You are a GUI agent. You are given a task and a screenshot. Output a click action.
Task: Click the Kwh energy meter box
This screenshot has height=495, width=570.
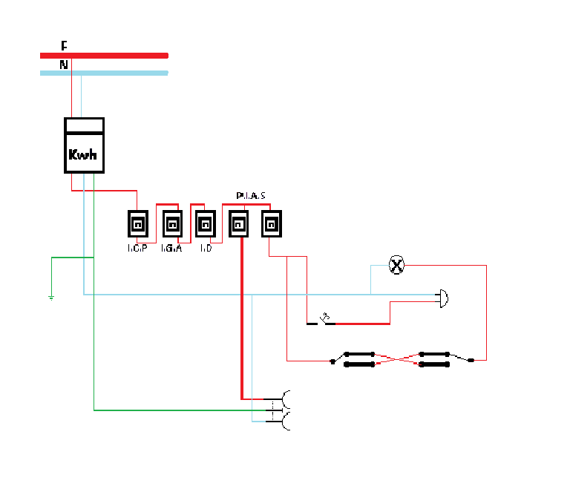point(83,145)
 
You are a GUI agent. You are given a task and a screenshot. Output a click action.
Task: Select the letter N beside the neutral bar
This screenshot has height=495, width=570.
point(64,65)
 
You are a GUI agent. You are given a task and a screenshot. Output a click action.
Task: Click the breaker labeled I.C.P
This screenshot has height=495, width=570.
point(137,223)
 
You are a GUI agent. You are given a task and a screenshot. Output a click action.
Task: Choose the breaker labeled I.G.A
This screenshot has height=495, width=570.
point(171,223)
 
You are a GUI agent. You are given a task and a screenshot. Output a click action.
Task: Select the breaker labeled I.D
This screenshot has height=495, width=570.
point(205,223)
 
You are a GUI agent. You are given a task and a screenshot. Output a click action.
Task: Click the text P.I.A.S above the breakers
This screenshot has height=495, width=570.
point(251,196)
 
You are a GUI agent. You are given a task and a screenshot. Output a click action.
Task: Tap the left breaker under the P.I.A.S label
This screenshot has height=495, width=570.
point(239,223)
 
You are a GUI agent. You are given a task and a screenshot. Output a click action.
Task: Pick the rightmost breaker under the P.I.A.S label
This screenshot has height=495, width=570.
point(272,223)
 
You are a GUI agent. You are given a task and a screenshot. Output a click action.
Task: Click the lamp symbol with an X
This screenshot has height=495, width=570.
point(397,265)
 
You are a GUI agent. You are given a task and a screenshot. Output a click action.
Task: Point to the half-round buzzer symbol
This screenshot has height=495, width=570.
point(443,298)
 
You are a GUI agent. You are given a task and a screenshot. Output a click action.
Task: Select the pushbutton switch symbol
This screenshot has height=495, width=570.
point(325,321)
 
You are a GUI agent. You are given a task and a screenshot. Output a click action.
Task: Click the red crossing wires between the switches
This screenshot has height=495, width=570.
point(397,360)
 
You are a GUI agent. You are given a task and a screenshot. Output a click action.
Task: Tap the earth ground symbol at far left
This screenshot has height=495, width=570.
point(50,298)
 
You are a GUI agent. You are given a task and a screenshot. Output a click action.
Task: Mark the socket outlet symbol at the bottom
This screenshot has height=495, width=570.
point(284,410)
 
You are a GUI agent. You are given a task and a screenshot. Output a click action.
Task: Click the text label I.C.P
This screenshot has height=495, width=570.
point(137,248)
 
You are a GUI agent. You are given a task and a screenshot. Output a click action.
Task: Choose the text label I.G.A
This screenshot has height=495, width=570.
point(171,248)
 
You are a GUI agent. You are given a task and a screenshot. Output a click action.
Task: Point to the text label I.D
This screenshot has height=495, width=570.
point(206,248)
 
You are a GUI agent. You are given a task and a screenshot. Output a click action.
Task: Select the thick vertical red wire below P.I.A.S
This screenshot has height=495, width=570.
point(241,319)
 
